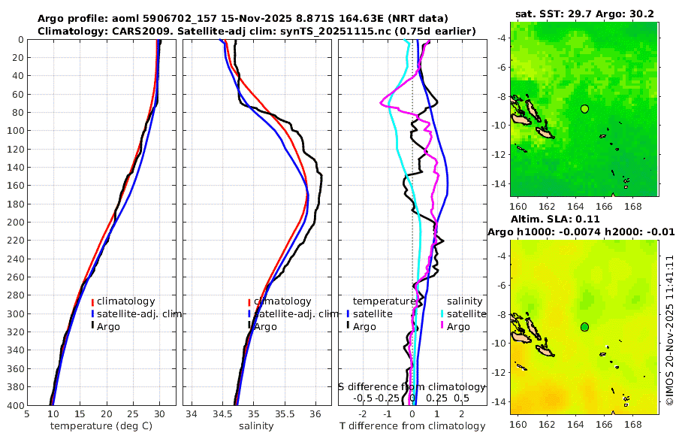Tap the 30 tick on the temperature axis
pos(159,413)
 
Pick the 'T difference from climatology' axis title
pos(412,426)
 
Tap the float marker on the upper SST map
pos(584,109)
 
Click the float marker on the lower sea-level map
pos(584,327)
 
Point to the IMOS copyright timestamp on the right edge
pos(669,331)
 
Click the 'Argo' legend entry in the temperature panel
pos(109,326)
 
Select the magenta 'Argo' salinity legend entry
pos(458,326)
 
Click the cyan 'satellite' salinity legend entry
pos(466,313)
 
